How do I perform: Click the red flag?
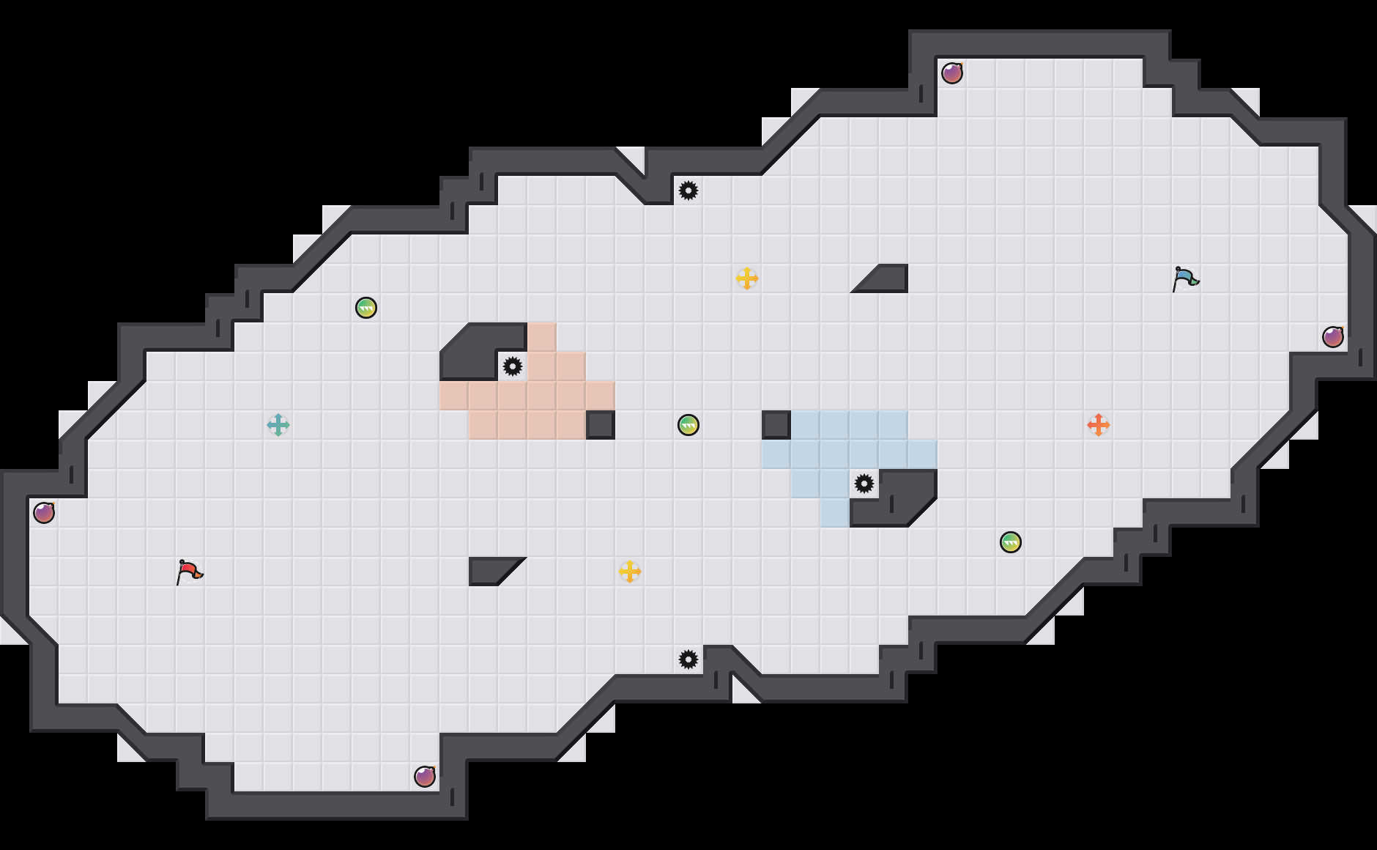coord(189,571)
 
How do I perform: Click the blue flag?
coord(1185,278)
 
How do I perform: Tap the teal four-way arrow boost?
coord(278,425)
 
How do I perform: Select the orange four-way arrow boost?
coord(1098,425)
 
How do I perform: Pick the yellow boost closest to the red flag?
coord(630,572)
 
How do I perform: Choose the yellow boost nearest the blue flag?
coord(747,278)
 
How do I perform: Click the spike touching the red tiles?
coord(513,366)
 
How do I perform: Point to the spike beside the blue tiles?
coord(864,484)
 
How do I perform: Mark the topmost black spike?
coord(688,191)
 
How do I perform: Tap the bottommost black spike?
coord(688,659)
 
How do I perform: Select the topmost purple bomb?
coord(952,73)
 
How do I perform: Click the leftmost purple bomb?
coord(44,513)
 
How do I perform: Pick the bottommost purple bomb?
coord(425,777)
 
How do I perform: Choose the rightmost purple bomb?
coord(1333,337)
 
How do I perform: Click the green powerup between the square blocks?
coord(688,425)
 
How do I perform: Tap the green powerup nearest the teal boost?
coord(366,308)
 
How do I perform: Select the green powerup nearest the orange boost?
coord(1011,542)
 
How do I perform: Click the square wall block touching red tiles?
coord(601,425)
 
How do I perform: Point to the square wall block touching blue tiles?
coord(776,425)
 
